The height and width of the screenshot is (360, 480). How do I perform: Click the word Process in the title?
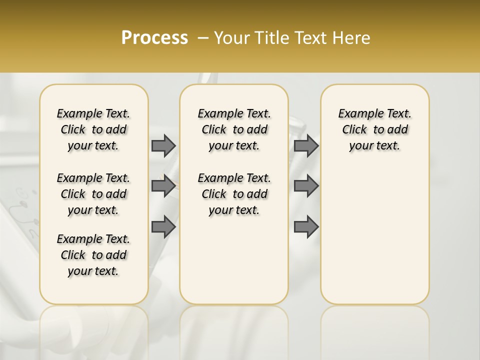click(154, 37)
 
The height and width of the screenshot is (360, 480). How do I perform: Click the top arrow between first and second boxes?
click(163, 145)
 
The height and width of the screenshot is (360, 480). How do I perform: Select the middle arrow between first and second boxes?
click(163, 186)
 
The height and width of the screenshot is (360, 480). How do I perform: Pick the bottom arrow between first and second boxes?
click(163, 226)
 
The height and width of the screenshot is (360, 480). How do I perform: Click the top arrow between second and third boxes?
click(306, 145)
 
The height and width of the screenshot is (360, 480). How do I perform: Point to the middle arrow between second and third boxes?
click(306, 186)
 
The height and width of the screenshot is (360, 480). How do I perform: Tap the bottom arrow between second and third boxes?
click(306, 226)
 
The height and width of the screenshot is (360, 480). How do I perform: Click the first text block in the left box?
click(93, 129)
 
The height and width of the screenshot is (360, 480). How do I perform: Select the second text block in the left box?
click(93, 194)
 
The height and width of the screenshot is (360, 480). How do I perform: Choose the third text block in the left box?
click(93, 255)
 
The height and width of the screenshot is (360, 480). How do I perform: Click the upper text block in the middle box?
click(234, 129)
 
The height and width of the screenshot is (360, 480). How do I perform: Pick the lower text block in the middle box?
click(234, 194)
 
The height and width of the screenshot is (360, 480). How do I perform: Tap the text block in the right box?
click(374, 129)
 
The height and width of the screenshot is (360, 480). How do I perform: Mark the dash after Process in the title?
click(203, 38)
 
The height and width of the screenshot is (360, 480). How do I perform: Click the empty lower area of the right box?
click(374, 235)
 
